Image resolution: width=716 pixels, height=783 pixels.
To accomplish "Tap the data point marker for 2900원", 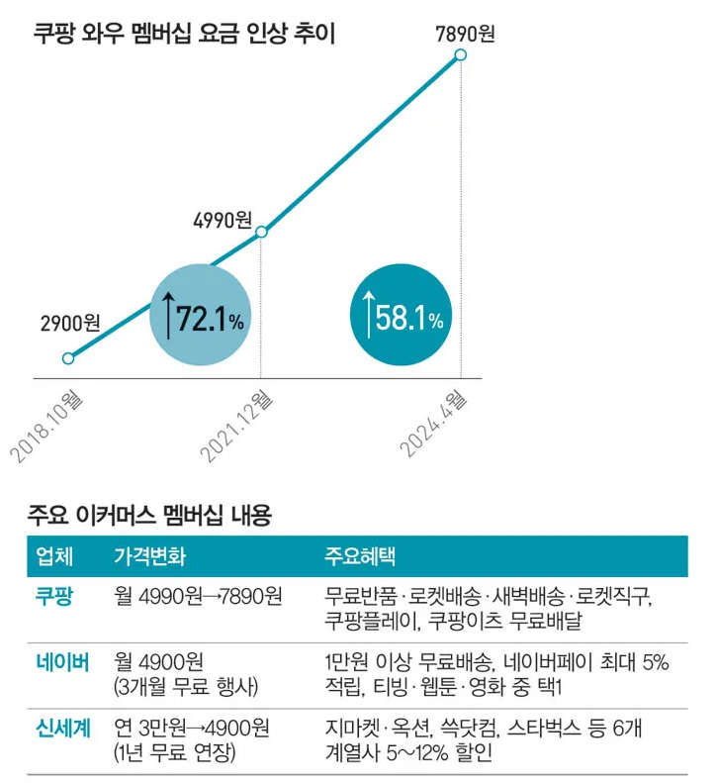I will click(68, 358).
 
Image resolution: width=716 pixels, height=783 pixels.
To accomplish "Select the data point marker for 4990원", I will click(261, 233).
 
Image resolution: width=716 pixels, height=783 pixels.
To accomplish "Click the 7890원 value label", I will click(464, 34).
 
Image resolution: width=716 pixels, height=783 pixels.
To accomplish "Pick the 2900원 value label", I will click(70, 323).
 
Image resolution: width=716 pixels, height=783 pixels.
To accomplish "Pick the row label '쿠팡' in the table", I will click(53, 597).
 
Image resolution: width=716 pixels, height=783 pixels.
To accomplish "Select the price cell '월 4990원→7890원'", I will click(199, 597).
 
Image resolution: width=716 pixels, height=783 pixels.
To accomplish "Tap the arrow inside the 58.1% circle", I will click(369, 317).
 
